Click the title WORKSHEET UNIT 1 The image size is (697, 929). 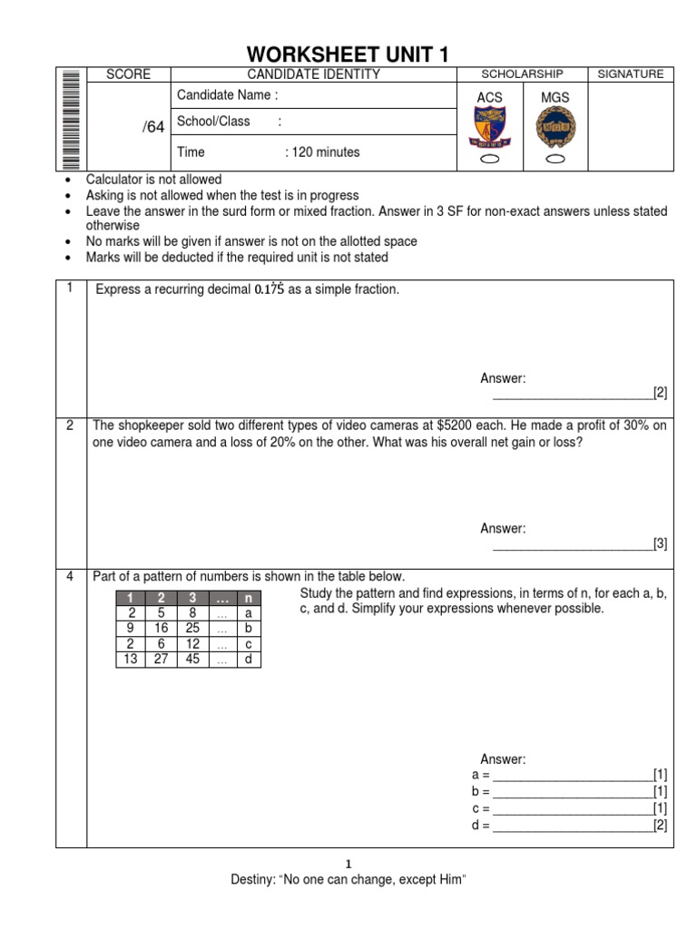pos(348,54)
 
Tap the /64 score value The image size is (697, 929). pos(153,127)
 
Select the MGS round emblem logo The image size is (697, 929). pos(555,128)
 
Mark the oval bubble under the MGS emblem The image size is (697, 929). pos(555,159)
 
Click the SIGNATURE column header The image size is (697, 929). pos(631,74)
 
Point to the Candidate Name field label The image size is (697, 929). pos(227,95)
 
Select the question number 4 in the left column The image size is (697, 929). pos(71,576)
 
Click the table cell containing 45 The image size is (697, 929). pos(191,660)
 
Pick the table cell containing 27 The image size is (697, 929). pos(162,660)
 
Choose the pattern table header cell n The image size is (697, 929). pos(247,597)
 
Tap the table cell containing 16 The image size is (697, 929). pos(162,628)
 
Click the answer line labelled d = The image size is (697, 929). pos(572,826)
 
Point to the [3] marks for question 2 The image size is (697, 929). pos(660,544)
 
